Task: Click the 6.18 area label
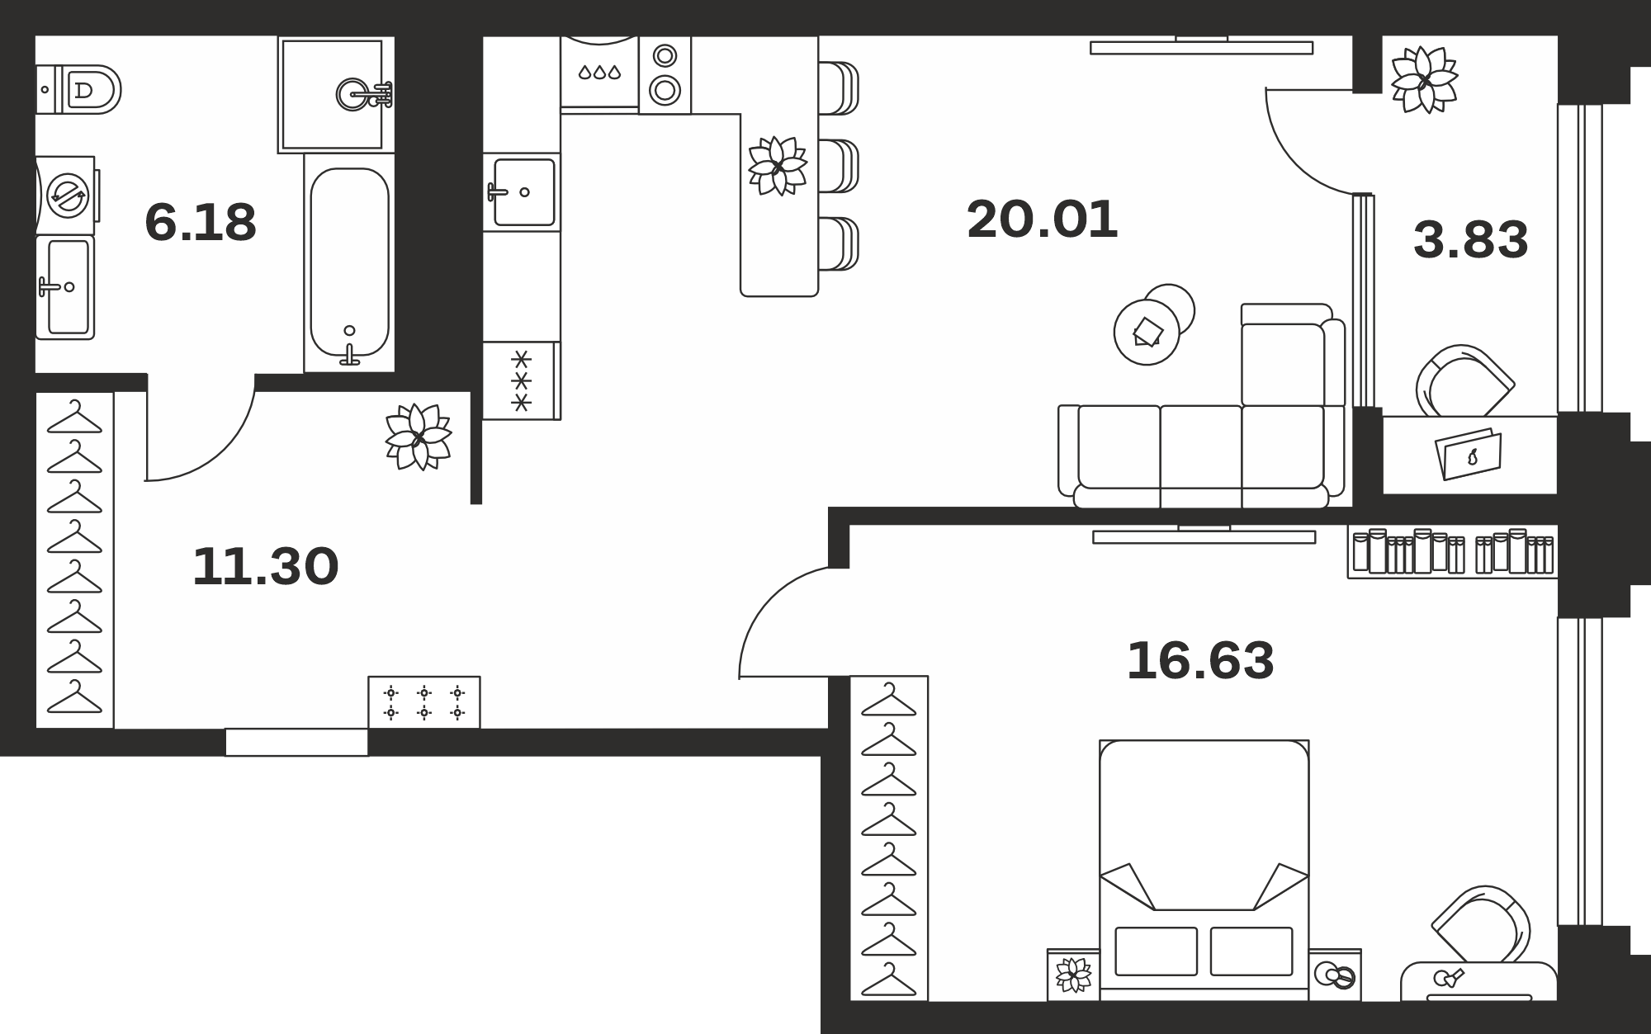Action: coord(201,223)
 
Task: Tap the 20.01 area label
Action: coord(1042,220)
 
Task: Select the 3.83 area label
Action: coord(1471,240)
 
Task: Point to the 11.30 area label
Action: coord(265,567)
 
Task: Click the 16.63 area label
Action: coord(1200,661)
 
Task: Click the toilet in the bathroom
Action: coord(78,89)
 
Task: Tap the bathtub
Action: coord(349,262)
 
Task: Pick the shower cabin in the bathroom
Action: coord(336,94)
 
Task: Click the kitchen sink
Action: coord(522,192)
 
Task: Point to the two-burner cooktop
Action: coord(665,75)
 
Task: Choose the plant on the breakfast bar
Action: coord(778,166)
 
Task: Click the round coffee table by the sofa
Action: coord(1147,332)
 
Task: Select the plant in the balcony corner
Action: coord(1424,79)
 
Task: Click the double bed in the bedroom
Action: coord(1204,870)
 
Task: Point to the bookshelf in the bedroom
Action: coord(1453,552)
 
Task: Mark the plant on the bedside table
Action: coord(1074,975)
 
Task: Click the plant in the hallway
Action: coord(419,437)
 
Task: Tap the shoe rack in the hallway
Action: coord(424,702)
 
